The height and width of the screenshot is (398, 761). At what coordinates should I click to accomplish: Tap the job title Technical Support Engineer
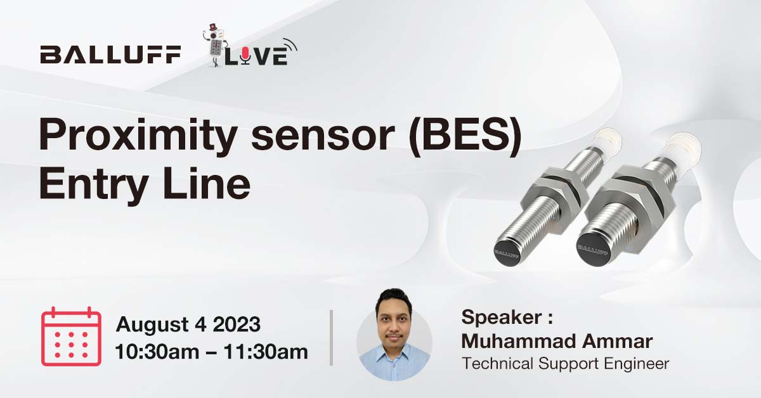(x=565, y=364)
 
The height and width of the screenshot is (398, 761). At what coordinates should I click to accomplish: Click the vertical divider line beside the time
(x=331, y=337)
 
